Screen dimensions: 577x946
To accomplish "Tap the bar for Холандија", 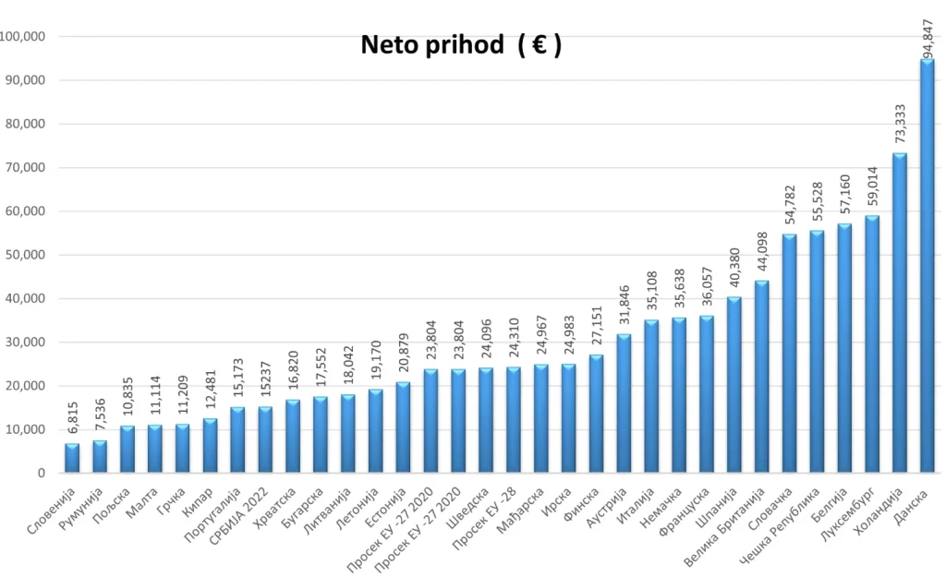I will pos(899,313).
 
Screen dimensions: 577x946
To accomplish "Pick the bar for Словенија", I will pos(71,458).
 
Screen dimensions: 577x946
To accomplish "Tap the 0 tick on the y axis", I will pos(42,474).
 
